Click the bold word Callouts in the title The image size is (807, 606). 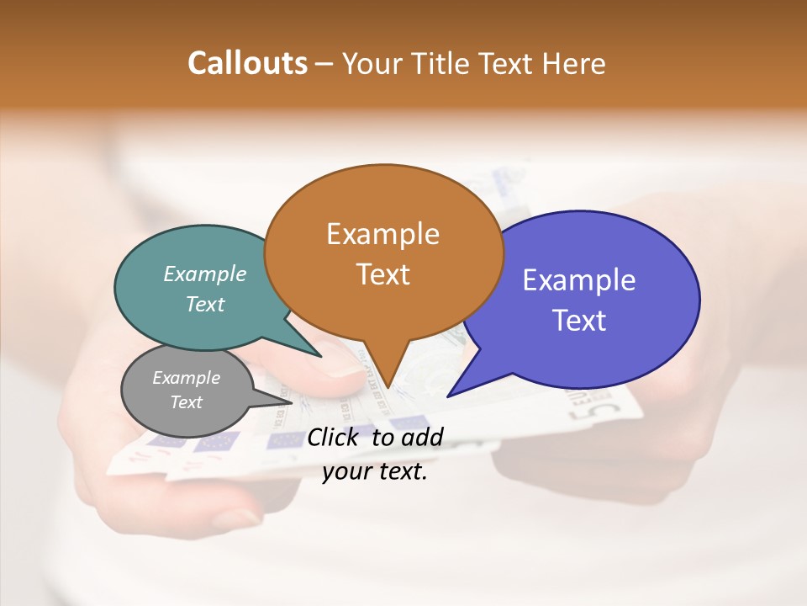pos(247,63)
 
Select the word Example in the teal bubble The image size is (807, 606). pos(205,274)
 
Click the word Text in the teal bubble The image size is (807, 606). pos(205,304)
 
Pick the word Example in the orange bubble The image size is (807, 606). pos(382,234)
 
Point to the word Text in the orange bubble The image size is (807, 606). pos(382,274)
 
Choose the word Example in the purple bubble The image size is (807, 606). pos(579,279)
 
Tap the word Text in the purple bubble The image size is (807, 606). pos(579,320)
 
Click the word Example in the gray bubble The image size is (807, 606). pos(186,378)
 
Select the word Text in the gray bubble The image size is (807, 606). pos(186,402)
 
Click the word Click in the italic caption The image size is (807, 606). pos(335,437)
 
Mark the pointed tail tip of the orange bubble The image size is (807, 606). pos(388,388)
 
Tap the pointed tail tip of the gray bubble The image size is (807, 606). pos(293,402)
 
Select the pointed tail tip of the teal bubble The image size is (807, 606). pos(321,357)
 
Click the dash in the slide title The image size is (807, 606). pos(324,64)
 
